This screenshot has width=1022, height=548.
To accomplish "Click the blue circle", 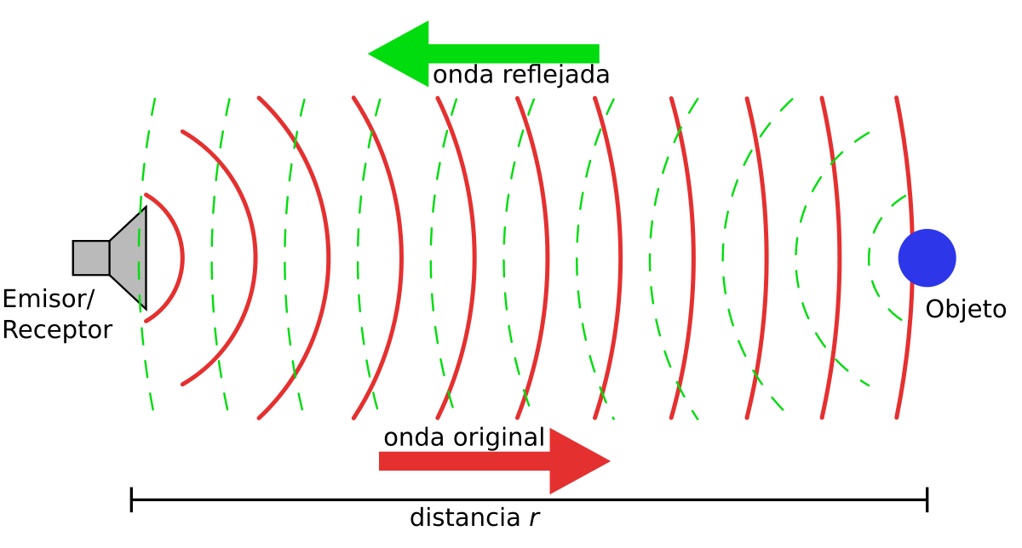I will tap(927, 258).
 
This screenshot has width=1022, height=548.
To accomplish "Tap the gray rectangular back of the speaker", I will tap(91, 258).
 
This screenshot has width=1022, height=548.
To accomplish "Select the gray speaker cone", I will tap(130, 258).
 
